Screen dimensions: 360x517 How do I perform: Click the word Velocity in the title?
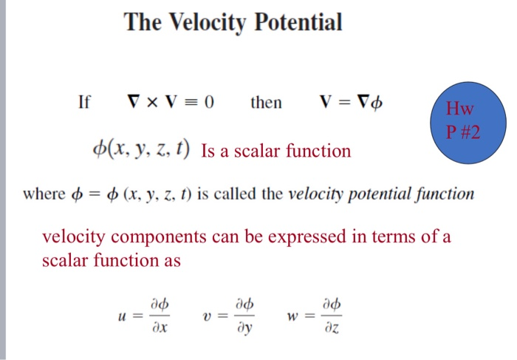pos(209,22)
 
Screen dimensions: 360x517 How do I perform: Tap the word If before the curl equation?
pos(84,102)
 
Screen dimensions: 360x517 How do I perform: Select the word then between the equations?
pos(266,102)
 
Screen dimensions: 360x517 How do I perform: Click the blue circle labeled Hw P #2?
pos(465,122)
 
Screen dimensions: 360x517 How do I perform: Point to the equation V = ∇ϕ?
pos(352,102)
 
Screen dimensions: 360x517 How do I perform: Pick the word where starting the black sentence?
pos(43,195)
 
